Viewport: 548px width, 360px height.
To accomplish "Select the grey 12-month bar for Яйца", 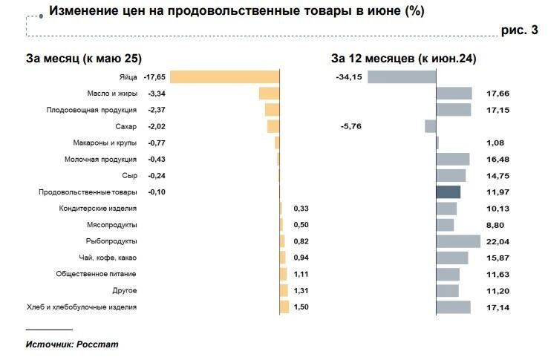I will click(401, 76).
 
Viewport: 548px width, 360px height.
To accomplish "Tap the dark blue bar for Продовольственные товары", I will click(448, 192).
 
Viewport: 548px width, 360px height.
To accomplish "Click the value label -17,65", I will click(154, 76).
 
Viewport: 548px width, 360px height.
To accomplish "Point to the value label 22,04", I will click(497, 241).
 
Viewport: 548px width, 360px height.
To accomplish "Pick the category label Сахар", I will click(126, 126).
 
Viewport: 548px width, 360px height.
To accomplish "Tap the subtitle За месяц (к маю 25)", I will click(84, 58).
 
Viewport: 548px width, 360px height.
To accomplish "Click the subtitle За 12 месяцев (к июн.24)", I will click(404, 58).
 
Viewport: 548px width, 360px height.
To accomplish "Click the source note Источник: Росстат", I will click(71, 344).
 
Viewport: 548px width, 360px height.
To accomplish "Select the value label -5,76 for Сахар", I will click(350, 126).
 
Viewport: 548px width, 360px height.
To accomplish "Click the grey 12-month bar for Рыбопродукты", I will click(458, 241).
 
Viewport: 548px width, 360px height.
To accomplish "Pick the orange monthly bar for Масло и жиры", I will click(269, 94).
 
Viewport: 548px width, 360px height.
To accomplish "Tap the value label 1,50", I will click(301, 307).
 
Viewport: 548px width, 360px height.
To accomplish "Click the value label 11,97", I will click(497, 192).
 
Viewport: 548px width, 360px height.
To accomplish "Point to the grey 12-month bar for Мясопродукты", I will click(445, 225).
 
